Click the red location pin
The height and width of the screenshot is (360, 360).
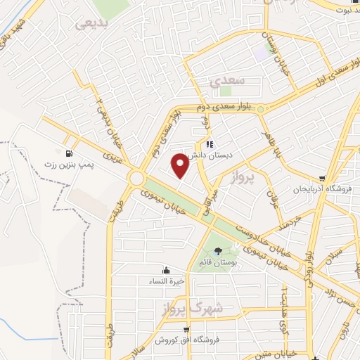(x=181, y=165)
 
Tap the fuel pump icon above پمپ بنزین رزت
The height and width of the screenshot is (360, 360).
(x=67, y=154)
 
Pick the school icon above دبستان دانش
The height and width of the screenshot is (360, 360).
(x=210, y=146)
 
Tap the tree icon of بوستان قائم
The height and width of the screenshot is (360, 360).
(x=217, y=250)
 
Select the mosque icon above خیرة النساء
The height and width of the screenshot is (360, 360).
(x=165, y=270)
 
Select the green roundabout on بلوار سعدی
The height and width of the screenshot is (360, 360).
(x=260, y=109)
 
